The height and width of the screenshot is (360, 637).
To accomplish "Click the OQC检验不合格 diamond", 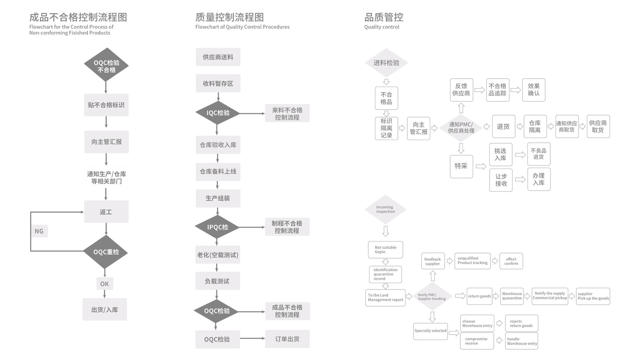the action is point(106,65).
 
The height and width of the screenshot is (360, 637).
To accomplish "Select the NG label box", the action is point(39,231).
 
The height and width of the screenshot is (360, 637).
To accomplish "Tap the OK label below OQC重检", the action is point(104,284).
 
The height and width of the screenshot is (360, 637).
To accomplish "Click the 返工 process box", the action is point(106,211).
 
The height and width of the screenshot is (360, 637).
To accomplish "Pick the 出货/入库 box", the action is point(104,309).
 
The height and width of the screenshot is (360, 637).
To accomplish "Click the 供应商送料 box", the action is point(218,57).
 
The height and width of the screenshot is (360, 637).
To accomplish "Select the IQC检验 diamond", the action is point(218,113).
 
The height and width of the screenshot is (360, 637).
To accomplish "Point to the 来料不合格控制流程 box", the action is point(287,113).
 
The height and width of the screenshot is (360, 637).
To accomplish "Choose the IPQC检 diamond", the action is point(217,227).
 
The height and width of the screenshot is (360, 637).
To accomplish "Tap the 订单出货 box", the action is point(287,339).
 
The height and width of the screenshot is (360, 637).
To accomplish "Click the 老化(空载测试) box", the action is point(217,255).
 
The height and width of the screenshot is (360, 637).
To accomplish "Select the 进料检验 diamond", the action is point(386,62).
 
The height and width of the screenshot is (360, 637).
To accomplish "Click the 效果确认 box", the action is point(533,90).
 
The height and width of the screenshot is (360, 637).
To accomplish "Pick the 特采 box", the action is point(461,166).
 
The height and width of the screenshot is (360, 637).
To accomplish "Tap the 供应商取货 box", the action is point(598,127).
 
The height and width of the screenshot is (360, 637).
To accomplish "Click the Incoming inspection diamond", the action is point(385,209).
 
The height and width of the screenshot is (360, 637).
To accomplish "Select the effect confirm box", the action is point(511,261).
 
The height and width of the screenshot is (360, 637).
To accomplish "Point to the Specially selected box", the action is point(431,331).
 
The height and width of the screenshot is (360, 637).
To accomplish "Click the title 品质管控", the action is point(383,17).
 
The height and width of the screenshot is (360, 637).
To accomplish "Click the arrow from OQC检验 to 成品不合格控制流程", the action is point(251,312).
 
